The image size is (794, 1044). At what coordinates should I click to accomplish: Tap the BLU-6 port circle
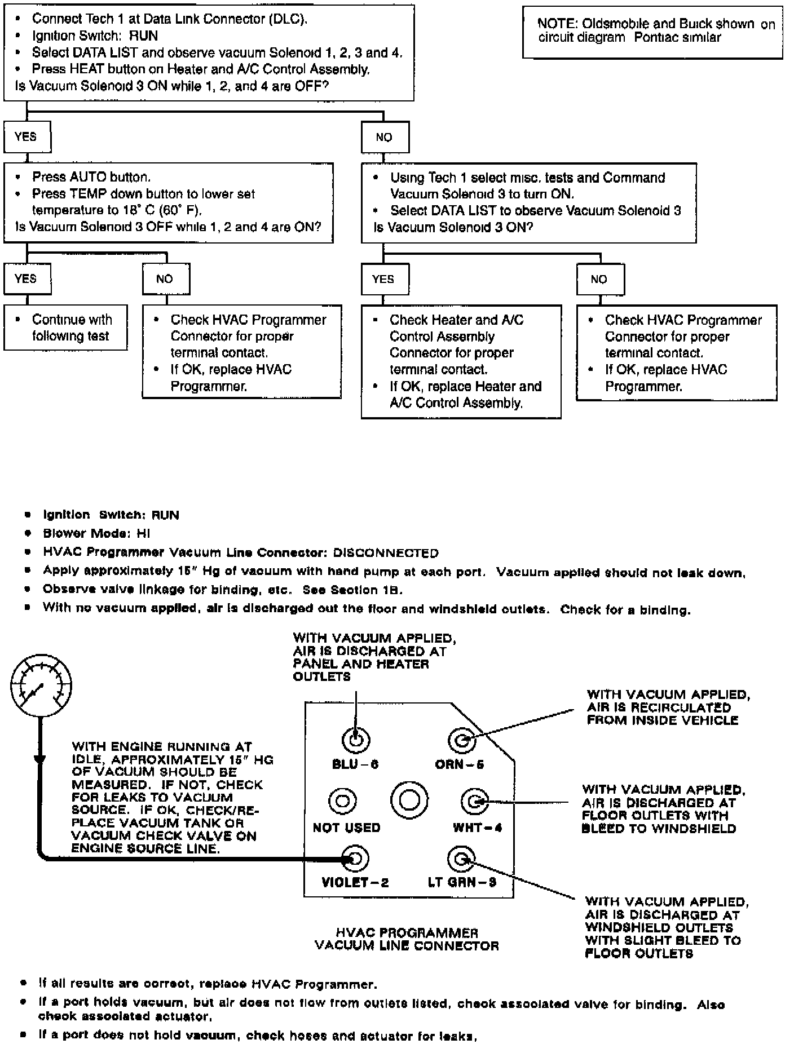click(x=356, y=740)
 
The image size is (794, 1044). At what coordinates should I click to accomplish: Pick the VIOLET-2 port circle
click(x=356, y=859)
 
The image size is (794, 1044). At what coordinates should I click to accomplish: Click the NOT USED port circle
click(x=342, y=801)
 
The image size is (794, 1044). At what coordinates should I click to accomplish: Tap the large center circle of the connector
click(x=409, y=800)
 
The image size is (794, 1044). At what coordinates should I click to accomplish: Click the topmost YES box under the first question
click(x=27, y=137)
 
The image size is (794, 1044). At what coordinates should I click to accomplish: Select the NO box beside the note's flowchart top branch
click(x=385, y=138)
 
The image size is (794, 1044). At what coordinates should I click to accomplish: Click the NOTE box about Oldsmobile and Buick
click(x=652, y=32)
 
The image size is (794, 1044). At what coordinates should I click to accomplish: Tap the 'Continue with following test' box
click(x=65, y=328)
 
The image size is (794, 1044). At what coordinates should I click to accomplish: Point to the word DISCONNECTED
click(x=386, y=553)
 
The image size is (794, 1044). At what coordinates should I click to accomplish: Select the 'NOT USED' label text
click(x=346, y=828)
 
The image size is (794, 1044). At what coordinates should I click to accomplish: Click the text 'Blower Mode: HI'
click(x=96, y=533)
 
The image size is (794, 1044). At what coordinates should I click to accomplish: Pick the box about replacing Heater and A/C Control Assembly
click(x=461, y=361)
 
